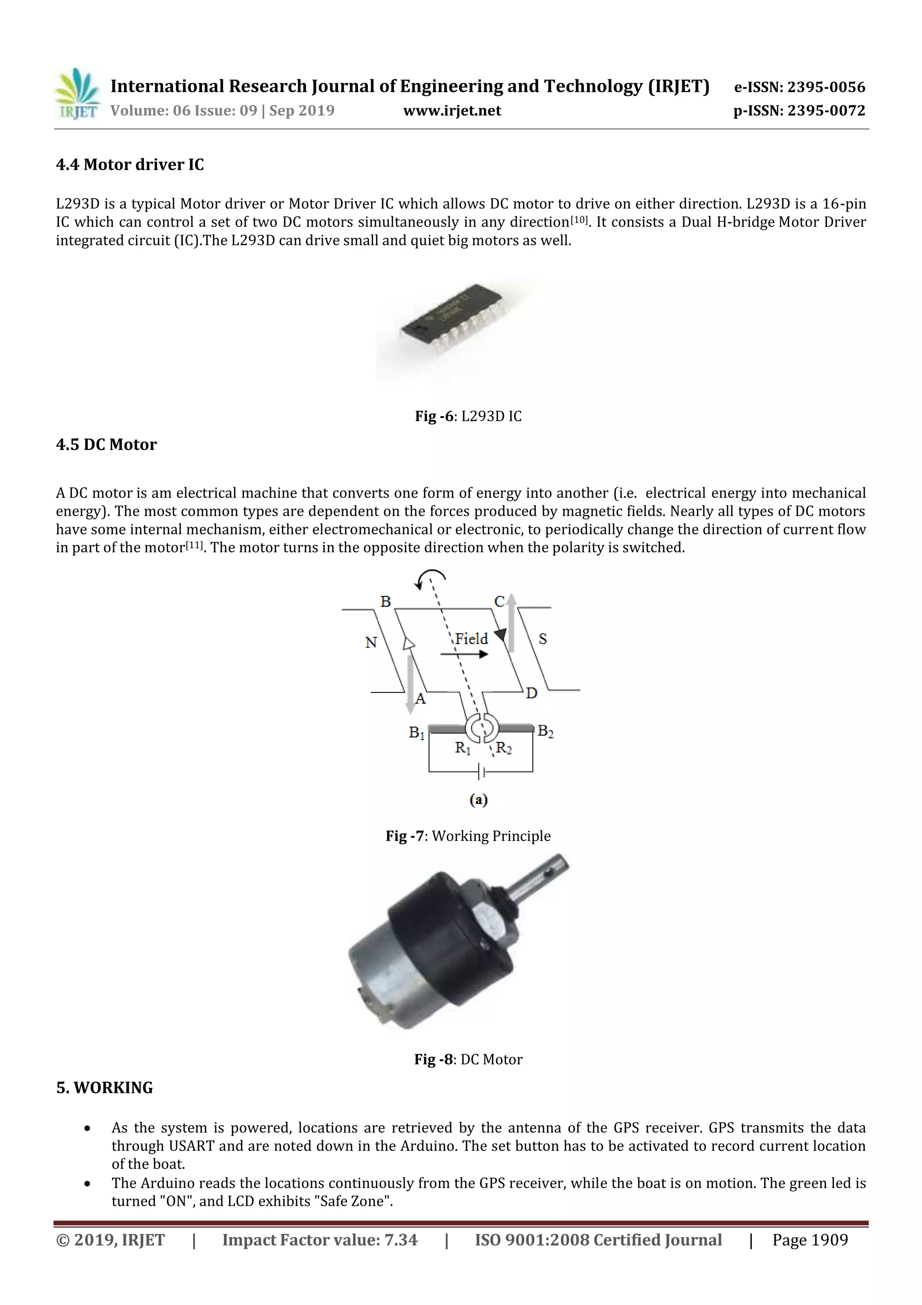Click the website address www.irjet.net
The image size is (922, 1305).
pos(452,110)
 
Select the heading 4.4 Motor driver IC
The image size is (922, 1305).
pos(130,165)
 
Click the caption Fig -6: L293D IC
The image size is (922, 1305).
pos(468,416)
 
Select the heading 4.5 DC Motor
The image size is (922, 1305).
pos(106,445)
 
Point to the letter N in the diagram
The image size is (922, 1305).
pos(371,642)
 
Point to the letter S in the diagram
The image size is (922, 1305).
pos(542,639)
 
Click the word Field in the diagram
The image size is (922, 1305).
pos(471,639)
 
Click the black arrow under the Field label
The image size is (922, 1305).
pos(465,654)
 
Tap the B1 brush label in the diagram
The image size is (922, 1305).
pos(416,732)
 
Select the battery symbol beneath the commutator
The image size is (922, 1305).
pos(481,772)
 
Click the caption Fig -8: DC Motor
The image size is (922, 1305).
pos(468,1059)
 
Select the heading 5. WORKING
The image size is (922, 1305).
pos(104,1088)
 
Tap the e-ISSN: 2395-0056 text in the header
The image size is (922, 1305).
pos(799,87)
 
